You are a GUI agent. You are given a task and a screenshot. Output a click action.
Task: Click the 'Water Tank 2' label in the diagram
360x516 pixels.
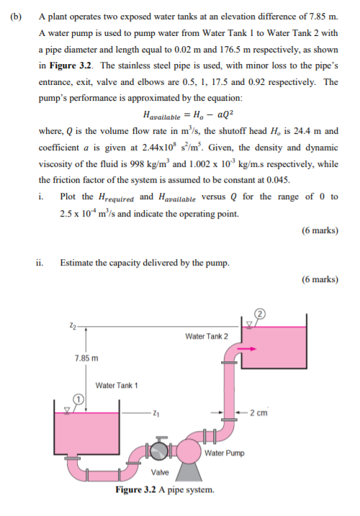[206, 336]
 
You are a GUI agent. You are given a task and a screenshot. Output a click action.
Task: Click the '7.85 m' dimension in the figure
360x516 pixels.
[86, 358]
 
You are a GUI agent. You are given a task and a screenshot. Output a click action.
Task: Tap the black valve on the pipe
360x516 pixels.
[158, 450]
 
